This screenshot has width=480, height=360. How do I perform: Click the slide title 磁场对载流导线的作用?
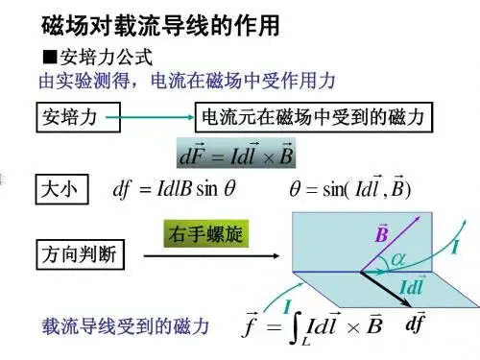pyautogui.click(x=160, y=26)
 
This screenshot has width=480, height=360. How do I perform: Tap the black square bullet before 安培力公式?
pyautogui.click(x=50, y=58)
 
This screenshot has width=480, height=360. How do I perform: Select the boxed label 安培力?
pyautogui.click(x=78, y=117)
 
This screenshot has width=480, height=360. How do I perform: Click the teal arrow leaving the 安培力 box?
pyautogui.click(x=150, y=117)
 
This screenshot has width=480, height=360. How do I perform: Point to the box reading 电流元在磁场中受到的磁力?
pyautogui.click(x=314, y=117)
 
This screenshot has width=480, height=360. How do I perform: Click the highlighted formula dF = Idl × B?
pyautogui.click(x=236, y=154)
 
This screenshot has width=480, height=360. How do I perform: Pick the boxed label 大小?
pyautogui.click(x=61, y=189)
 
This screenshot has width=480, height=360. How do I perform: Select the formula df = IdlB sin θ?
pyautogui.click(x=174, y=189)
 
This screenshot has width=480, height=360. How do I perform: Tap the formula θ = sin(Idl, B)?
pyautogui.click(x=349, y=188)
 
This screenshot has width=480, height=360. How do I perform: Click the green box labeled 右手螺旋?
pyautogui.click(x=206, y=233)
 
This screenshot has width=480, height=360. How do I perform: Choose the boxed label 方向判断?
pyautogui.click(x=80, y=254)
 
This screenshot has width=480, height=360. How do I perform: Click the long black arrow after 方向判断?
pyautogui.click(x=211, y=255)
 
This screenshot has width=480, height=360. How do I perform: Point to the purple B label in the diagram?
pyautogui.click(x=382, y=233)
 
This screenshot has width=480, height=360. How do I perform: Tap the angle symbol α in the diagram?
pyautogui.click(x=398, y=258)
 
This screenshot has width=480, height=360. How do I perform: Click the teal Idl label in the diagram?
pyautogui.click(x=412, y=286)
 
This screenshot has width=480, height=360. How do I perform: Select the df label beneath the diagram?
pyautogui.click(x=415, y=323)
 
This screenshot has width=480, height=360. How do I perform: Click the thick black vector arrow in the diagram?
pyautogui.click(x=386, y=289)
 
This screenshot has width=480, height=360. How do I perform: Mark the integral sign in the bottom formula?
pyautogui.click(x=296, y=328)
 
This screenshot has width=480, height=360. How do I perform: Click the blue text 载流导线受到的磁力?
pyautogui.click(x=125, y=326)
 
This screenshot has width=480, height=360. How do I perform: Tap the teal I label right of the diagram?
pyautogui.click(x=455, y=247)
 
